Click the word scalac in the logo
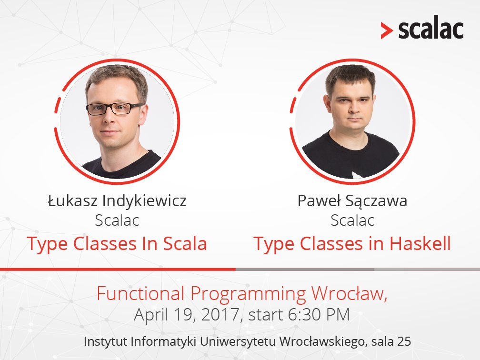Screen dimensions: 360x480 (x=430, y=30)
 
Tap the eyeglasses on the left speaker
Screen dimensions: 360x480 (x=114, y=109)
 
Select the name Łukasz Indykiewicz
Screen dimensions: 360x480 (x=117, y=201)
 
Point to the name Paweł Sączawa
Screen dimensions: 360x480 (x=352, y=201)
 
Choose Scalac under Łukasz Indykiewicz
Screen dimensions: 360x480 (x=117, y=220)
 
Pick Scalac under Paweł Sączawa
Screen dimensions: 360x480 (x=352, y=220)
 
